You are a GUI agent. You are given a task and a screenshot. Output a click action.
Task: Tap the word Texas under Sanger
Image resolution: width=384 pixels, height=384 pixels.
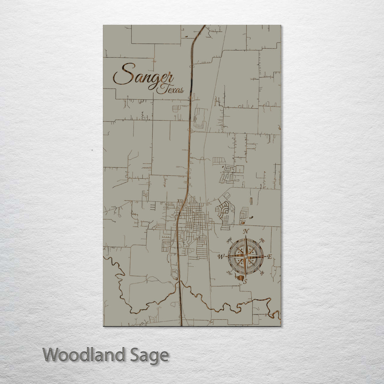[x=171, y=89]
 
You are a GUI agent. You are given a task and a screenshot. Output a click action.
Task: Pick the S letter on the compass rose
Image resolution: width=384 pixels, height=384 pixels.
[x=245, y=282]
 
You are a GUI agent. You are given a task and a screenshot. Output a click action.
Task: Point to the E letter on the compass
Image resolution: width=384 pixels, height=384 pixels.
[x=270, y=257]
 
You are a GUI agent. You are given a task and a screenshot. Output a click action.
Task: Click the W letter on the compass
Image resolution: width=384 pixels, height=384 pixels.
[x=220, y=257]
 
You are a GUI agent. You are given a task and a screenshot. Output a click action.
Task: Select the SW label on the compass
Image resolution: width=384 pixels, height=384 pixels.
[x=229, y=273]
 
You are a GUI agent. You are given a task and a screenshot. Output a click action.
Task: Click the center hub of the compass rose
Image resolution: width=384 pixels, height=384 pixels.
[x=245, y=256]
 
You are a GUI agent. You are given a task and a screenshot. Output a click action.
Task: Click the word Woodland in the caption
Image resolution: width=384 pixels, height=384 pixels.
[x=85, y=355]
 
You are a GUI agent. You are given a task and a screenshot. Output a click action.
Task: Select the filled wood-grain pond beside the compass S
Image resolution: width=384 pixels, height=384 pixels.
[x=241, y=277]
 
